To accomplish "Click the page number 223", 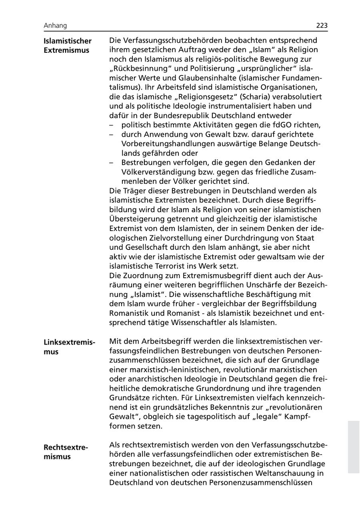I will (x=322, y=26).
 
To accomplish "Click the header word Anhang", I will (x=55, y=26).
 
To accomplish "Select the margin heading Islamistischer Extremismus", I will (x=67, y=46).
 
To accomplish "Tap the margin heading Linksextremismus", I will (x=69, y=347).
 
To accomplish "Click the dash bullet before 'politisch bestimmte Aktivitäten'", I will (x=112, y=125).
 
